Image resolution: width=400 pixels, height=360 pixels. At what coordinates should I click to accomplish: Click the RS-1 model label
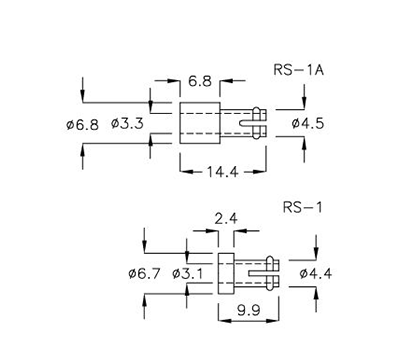click(301, 211)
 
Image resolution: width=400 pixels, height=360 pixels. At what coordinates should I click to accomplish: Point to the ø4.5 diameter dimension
click(309, 123)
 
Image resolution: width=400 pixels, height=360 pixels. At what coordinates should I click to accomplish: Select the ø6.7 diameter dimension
click(145, 272)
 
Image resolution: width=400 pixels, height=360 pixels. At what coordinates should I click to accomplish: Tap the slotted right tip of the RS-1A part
click(257, 123)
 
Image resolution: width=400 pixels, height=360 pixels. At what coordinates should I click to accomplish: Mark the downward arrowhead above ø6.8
click(85, 99)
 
